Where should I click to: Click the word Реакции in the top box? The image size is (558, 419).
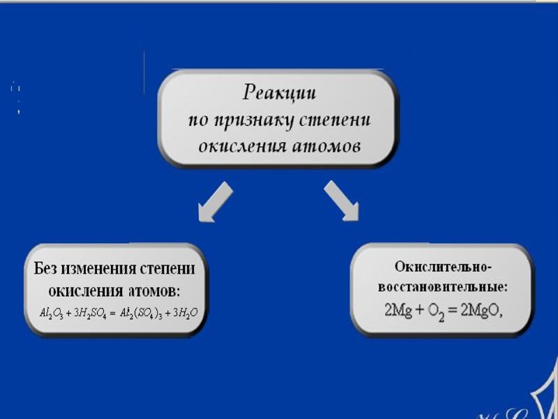[x=279, y=92]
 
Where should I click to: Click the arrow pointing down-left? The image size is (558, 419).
[x=215, y=202]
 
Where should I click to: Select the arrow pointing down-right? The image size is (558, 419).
[x=342, y=200]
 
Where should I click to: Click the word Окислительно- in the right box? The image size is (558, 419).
[x=443, y=267]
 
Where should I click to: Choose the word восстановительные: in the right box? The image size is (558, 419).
[x=443, y=287]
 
